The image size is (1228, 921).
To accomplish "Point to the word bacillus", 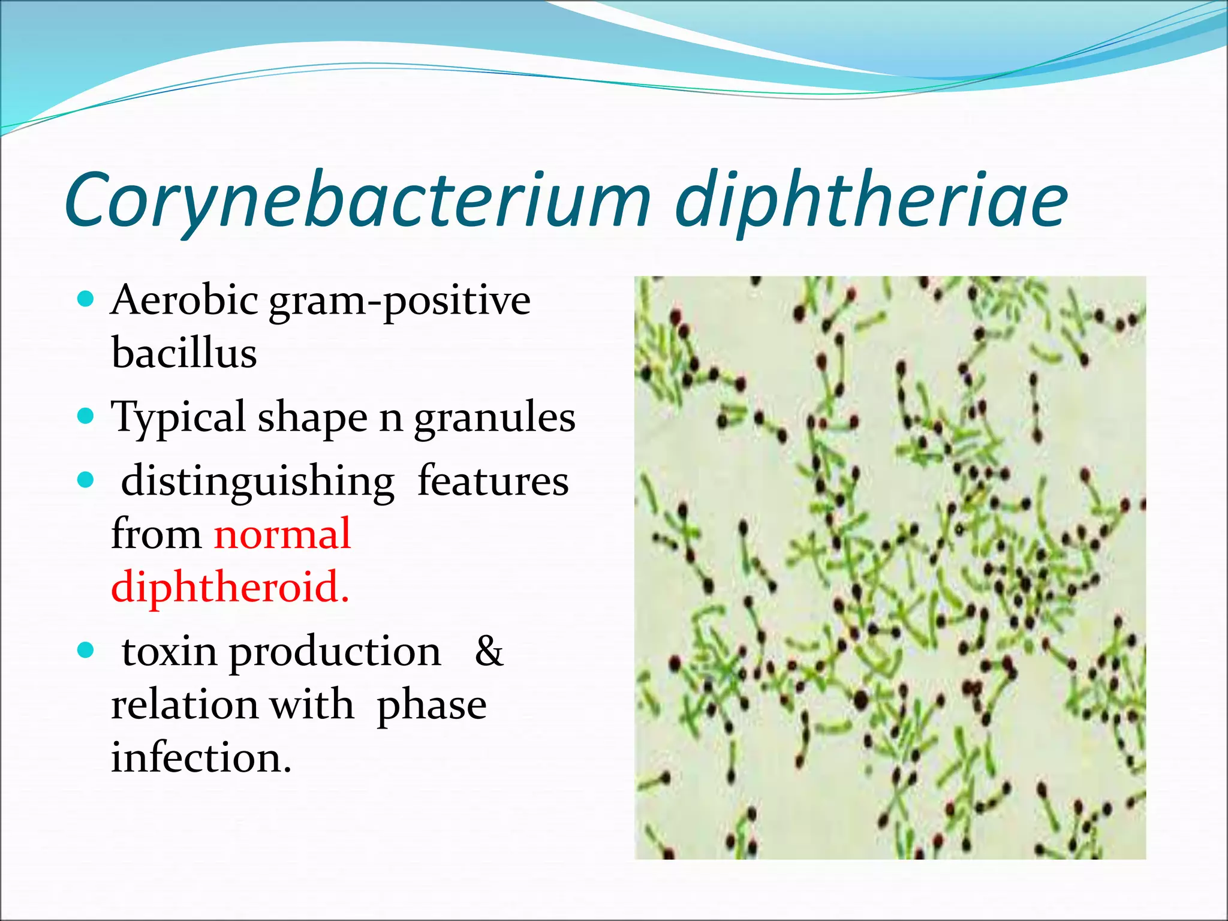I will click(x=184, y=353).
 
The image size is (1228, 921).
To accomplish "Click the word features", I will click(x=493, y=481).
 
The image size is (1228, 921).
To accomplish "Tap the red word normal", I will click(x=282, y=534).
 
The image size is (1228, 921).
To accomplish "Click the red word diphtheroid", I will click(x=229, y=587).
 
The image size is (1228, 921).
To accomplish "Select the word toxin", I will click(x=170, y=652).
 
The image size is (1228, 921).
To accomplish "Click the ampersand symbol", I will click(x=489, y=651).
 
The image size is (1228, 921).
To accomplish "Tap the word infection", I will click(x=201, y=758).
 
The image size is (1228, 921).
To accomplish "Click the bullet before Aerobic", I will click(x=87, y=299).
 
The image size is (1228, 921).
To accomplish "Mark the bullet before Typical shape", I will click(x=87, y=416).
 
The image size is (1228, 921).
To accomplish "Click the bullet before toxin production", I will click(x=87, y=649).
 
